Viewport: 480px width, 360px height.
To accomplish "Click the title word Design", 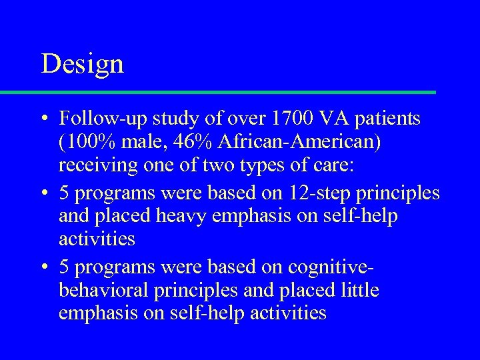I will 82,64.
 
